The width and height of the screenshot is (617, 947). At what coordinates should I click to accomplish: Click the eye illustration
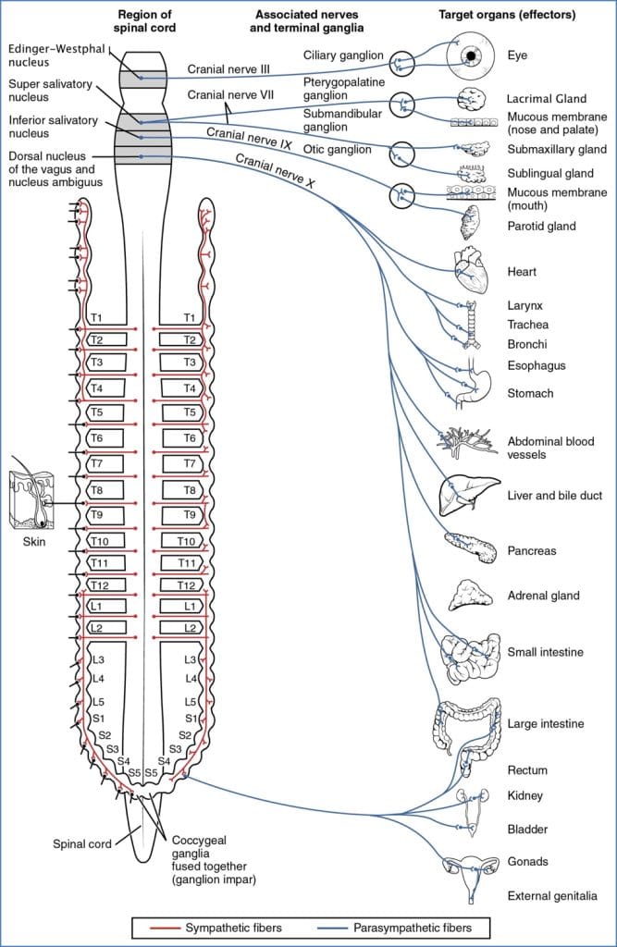point(472,57)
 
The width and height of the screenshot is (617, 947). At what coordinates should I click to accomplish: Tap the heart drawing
point(469,270)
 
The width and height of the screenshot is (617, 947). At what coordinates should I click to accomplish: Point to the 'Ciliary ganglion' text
point(343,55)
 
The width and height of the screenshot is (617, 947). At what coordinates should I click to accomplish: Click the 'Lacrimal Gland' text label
point(549,97)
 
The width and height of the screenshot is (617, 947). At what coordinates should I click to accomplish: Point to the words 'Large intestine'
point(545,723)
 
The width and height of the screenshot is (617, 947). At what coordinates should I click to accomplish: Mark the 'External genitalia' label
point(551,895)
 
